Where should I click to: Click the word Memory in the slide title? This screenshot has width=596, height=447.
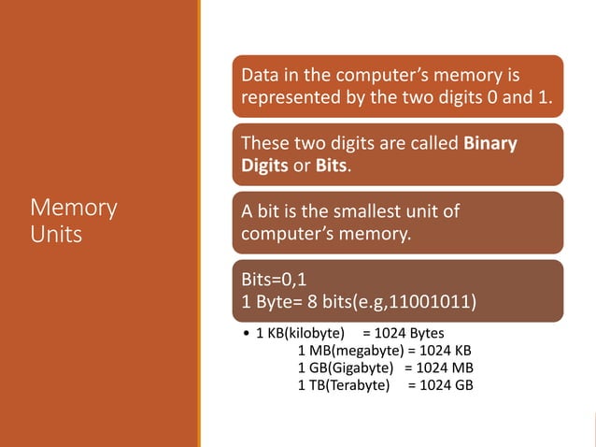74,207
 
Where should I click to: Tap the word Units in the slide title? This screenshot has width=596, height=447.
56,233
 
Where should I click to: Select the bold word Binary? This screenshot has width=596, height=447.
490,144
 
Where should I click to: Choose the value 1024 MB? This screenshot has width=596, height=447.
447,368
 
